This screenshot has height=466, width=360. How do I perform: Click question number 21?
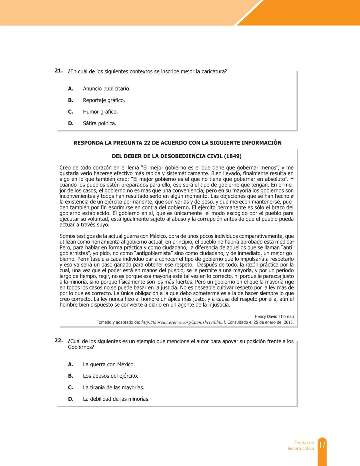pyautogui.click(x=58, y=71)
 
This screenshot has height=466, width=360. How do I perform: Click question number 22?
pyautogui.click(x=58, y=341)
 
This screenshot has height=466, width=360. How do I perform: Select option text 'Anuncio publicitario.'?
pyautogui.click(x=106, y=89)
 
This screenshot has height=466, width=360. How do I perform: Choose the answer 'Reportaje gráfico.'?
pyautogui.click(x=104, y=100)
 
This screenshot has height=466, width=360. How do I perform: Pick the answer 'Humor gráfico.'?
pyautogui.click(x=100, y=112)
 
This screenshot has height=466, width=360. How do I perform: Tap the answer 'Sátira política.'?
pyautogui.click(x=99, y=123)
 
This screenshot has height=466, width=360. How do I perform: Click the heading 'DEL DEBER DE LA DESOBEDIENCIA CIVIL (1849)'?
pyautogui.click(x=177, y=156)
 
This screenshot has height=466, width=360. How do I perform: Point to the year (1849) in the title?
pyautogui.click(x=233, y=156)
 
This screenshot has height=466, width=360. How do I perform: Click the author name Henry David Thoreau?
pyautogui.click(x=274, y=317)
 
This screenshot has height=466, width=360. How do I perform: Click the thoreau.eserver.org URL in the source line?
pyautogui.click(x=183, y=322)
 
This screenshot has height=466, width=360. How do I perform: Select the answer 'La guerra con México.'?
pyautogui.click(x=109, y=365)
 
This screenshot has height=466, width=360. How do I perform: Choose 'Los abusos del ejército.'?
pyautogui.click(x=110, y=376)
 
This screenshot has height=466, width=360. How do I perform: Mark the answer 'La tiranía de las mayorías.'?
pyautogui.click(x=113, y=388)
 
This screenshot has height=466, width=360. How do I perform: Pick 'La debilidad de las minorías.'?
pyautogui.click(x=116, y=399)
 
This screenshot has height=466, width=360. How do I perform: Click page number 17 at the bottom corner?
pyautogui.click(x=322, y=445)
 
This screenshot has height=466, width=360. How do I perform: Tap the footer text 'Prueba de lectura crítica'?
pyautogui.click(x=301, y=445)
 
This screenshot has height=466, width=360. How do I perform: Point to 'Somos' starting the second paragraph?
pyautogui.click(x=67, y=236)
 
